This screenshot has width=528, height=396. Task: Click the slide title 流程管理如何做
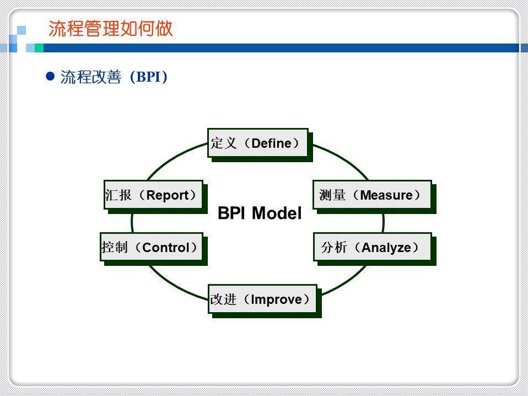click(x=111, y=29)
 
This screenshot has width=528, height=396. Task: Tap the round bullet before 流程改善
click(x=50, y=76)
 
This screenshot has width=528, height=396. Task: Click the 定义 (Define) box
click(x=257, y=143)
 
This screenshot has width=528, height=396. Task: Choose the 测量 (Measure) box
click(x=371, y=195)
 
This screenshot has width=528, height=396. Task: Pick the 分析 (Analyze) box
click(x=372, y=247)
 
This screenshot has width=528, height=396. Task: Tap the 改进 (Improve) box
click(x=262, y=299)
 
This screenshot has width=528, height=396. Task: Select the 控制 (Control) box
click(x=151, y=247)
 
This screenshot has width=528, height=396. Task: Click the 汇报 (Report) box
click(x=153, y=195)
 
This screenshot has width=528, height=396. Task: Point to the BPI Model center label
click(x=260, y=213)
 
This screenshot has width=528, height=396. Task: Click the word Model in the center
click(x=277, y=213)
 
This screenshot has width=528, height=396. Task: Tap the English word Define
click(x=271, y=143)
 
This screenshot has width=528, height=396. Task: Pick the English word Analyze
click(x=386, y=248)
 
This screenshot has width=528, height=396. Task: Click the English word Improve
click(x=276, y=299)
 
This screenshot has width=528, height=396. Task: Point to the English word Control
click(x=165, y=248)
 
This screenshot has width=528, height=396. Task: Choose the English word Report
click(x=168, y=195)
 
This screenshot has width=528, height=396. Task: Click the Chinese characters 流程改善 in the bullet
click(x=90, y=77)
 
